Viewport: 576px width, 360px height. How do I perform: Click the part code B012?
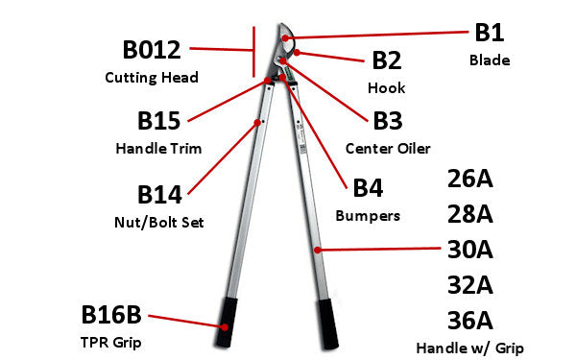point(152,50)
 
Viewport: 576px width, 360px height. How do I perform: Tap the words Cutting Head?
point(152,77)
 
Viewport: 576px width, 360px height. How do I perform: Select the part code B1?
point(490,33)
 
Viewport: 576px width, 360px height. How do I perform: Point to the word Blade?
point(490,60)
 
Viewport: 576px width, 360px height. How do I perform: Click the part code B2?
point(387,60)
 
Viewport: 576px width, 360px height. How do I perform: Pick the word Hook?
point(387,87)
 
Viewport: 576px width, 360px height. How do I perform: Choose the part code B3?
point(387,122)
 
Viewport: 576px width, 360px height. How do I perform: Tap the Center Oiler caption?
point(387,149)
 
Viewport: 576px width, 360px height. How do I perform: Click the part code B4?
point(368,188)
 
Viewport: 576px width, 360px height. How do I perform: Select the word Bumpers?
point(368,216)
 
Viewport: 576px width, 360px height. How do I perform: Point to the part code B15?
point(159,122)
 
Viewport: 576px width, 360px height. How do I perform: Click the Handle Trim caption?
point(159,149)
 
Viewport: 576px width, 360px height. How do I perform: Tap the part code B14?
point(159,195)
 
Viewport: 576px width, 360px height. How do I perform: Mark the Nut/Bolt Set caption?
point(159,223)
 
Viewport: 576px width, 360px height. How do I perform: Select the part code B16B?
point(111,314)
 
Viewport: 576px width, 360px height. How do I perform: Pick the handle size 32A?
point(470,284)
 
